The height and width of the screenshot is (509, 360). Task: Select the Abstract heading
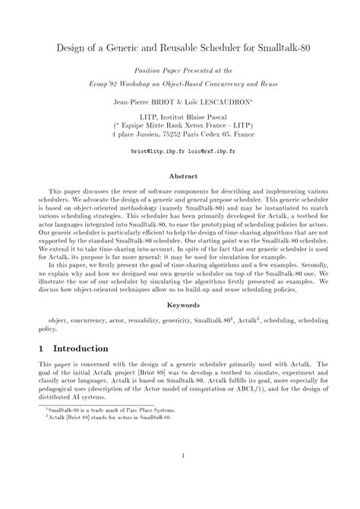click(182, 175)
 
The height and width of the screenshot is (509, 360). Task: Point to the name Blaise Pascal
click(201, 112)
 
